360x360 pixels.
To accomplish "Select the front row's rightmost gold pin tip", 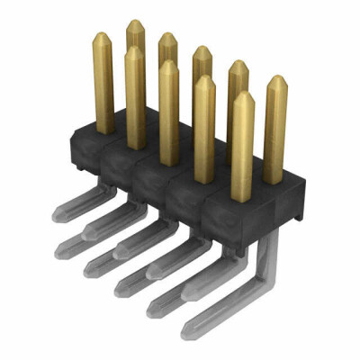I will coord(241,94).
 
